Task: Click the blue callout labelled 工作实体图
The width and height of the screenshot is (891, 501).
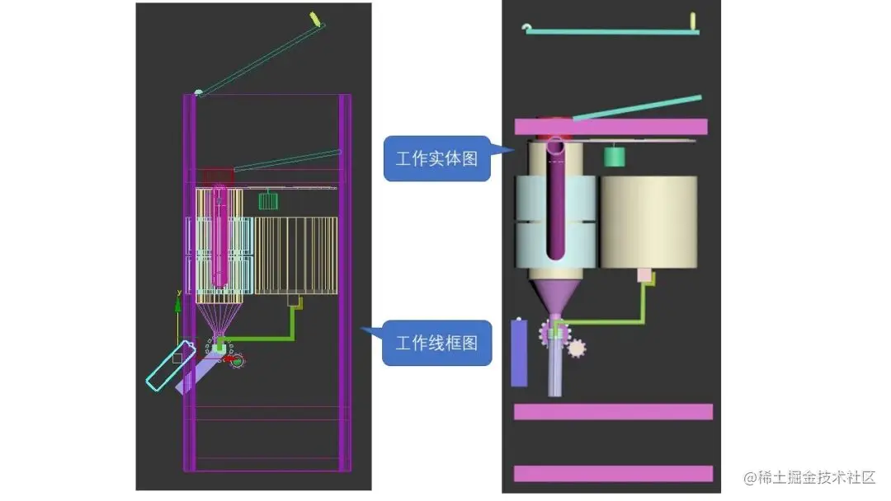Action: [436, 159]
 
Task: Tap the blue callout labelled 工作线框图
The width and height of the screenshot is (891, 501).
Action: [436, 343]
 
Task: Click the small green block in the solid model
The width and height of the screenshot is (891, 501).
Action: [613, 156]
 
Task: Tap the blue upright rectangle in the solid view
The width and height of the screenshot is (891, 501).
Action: [519, 353]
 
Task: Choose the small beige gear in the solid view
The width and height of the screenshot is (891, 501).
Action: [577, 348]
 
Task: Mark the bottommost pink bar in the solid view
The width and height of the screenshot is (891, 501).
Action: [612, 473]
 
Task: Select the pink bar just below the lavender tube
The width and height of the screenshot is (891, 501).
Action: [612, 412]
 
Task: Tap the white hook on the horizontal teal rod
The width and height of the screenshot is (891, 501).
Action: [527, 28]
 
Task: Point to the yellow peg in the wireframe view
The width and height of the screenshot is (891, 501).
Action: [314, 17]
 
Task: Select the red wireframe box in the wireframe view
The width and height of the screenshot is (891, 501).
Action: [219, 176]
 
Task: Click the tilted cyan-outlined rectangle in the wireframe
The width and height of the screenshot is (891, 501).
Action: [171, 365]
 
